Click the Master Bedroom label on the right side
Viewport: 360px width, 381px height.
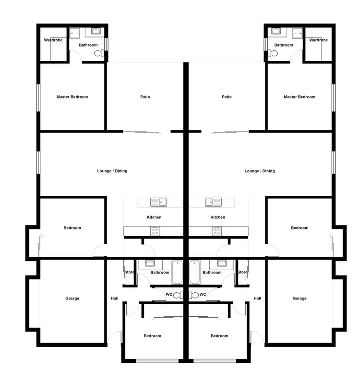tap(300, 97)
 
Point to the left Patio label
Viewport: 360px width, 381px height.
tap(145, 97)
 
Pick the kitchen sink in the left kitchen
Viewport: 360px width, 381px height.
tap(158, 202)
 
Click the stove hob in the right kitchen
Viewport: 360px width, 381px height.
tap(217, 231)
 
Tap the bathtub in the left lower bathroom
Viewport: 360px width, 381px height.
tap(177, 272)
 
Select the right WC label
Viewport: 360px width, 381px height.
tap(203, 294)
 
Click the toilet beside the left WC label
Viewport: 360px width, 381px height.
tap(179, 295)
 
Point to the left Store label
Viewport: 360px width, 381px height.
tap(130, 273)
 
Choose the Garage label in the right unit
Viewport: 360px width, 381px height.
tap(300, 298)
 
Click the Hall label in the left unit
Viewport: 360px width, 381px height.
tap(114, 298)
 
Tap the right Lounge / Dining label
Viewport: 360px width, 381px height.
tap(260, 171)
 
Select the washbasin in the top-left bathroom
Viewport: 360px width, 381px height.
tap(95, 32)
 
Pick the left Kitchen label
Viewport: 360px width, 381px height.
tap(154, 217)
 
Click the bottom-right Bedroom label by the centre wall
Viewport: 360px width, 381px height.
tap(219, 336)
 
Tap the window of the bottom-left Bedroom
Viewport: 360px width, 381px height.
tap(154, 360)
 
